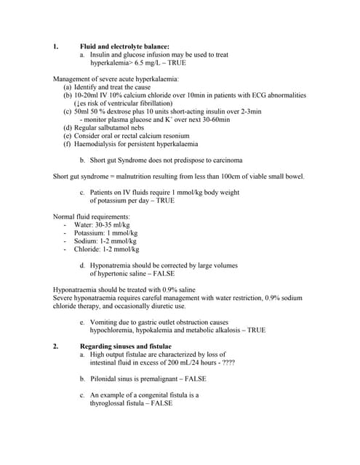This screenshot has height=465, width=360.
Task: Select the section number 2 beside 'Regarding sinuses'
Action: [55, 346]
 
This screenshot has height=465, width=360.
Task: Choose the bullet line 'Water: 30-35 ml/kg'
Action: [101, 225]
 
